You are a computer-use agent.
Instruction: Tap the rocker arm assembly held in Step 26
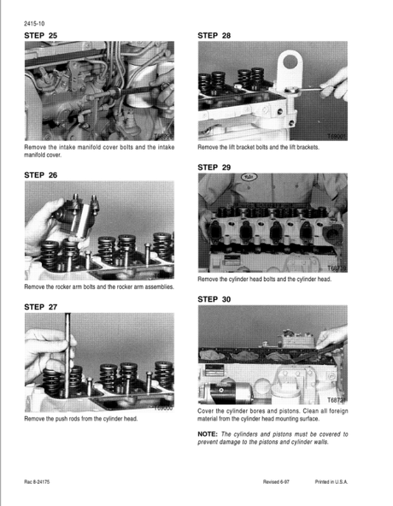[81, 218]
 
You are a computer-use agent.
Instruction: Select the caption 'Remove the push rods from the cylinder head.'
[81, 419]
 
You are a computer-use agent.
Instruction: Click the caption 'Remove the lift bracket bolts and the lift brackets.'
[258, 148]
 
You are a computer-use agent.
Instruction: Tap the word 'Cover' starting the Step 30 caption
[206, 412]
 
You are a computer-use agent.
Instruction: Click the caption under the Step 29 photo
[264, 280]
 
